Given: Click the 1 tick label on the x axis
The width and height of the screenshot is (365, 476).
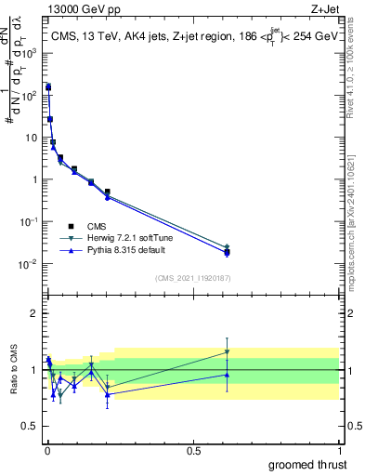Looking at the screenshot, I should tap(339, 450).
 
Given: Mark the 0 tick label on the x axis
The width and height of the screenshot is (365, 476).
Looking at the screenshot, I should tap(47, 450).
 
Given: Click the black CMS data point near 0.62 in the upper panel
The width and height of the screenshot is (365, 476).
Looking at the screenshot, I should tap(227, 252).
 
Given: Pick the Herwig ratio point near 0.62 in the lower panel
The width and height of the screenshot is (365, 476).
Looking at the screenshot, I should tap(227, 351).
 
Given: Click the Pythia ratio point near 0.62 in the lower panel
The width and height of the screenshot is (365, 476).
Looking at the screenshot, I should tap(227, 375).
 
